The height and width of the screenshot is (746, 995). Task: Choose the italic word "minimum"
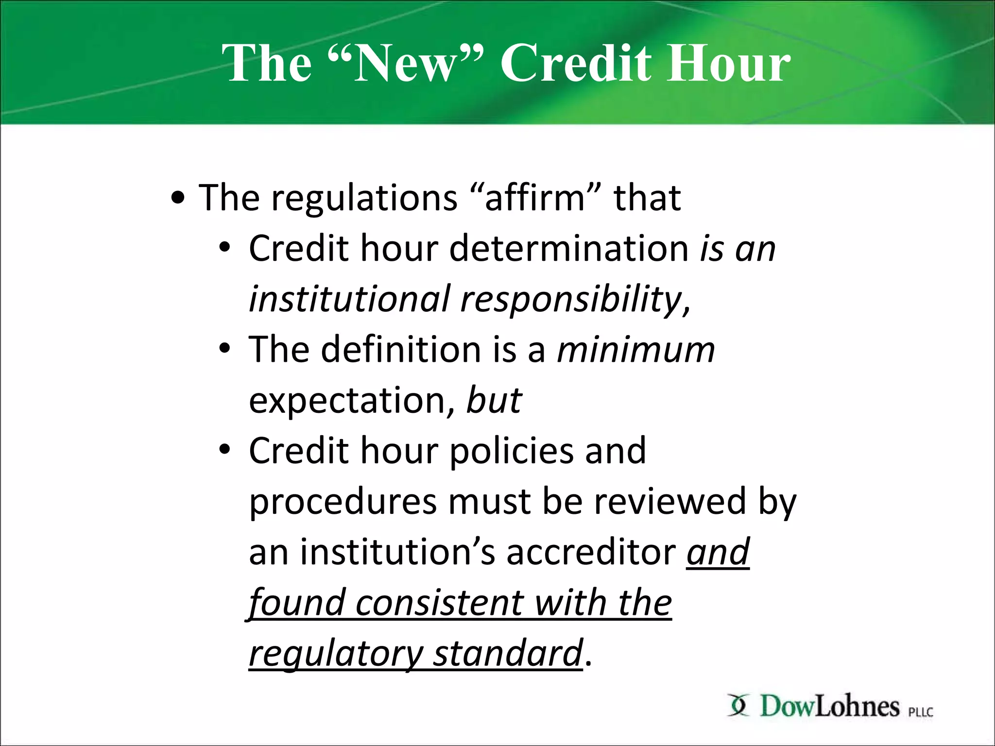pos(636,350)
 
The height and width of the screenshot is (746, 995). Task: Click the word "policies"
pos(512,452)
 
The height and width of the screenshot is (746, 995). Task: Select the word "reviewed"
pos(670,502)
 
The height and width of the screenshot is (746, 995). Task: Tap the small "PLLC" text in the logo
pos(921,712)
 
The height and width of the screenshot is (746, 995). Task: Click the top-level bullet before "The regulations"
pos(178,199)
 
